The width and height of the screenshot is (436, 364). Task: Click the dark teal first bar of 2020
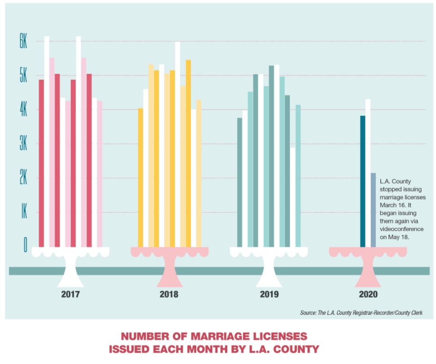363,181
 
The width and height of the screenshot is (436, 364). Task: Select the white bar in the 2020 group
368,173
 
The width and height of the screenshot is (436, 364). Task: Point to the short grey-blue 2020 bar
373,210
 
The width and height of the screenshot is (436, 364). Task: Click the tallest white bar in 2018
178,144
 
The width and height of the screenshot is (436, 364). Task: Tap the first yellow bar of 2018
140,177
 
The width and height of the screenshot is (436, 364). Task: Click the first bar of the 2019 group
240,182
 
